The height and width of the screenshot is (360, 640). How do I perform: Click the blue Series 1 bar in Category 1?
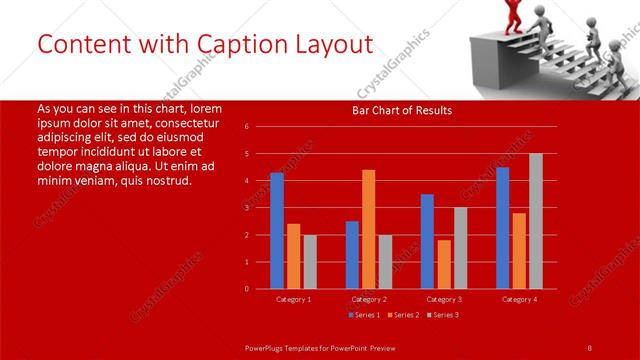coord(277,231)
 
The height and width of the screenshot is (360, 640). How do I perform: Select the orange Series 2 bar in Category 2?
coord(368,229)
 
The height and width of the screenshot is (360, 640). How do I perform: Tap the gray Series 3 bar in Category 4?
coord(536,221)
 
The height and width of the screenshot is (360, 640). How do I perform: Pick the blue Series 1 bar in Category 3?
coord(427,241)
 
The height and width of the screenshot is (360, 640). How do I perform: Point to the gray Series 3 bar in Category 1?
coord(309,262)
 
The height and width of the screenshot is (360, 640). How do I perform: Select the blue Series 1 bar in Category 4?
coord(502,228)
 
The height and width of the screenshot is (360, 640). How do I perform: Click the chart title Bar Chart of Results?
coord(403,110)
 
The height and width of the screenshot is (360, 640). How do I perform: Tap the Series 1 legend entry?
coord(364,315)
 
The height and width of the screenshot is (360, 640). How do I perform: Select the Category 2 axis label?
coord(368,299)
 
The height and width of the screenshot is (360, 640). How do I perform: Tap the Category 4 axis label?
coord(519,299)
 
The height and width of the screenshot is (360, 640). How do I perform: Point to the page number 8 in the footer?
coord(590,347)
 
